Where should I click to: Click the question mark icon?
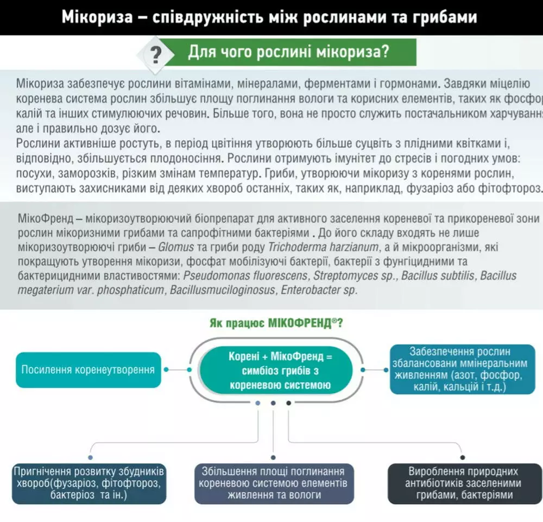point(156,54)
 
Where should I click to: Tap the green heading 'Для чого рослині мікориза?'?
point(288,53)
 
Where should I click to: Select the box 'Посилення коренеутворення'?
point(88,370)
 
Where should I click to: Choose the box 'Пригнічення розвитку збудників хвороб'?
point(89,483)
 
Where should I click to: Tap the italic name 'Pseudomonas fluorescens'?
point(245,276)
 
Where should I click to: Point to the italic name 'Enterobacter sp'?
point(318,290)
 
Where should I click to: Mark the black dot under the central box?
point(288,403)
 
